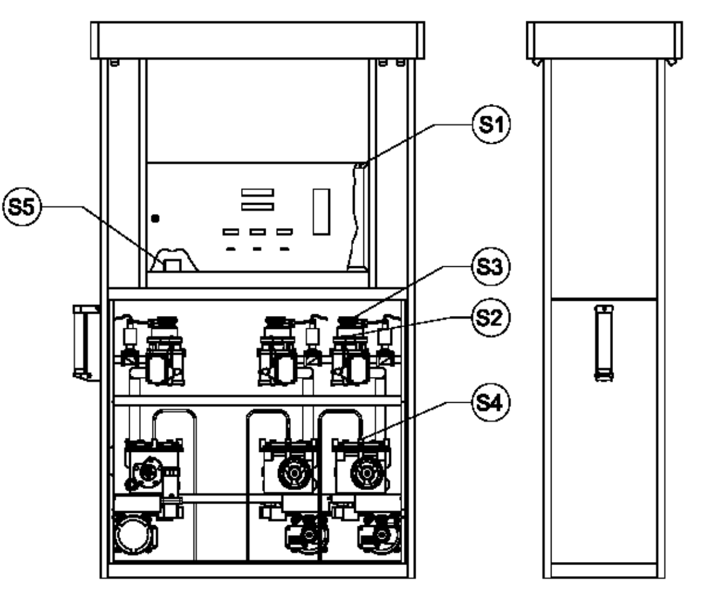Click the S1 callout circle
click(492, 124)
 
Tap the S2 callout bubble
click(491, 317)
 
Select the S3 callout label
click(491, 267)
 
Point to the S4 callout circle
click(491, 403)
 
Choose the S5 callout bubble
click(22, 207)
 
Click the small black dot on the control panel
click(156, 219)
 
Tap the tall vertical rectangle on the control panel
click(322, 212)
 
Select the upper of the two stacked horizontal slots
click(258, 192)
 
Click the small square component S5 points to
click(173, 265)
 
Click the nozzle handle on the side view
click(604, 343)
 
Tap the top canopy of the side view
click(604, 41)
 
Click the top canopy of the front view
click(258, 40)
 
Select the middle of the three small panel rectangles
click(258, 232)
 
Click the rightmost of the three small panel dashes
click(285, 249)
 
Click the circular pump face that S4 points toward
click(367, 473)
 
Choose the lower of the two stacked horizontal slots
click(258, 207)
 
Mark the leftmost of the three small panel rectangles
click(231, 232)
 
